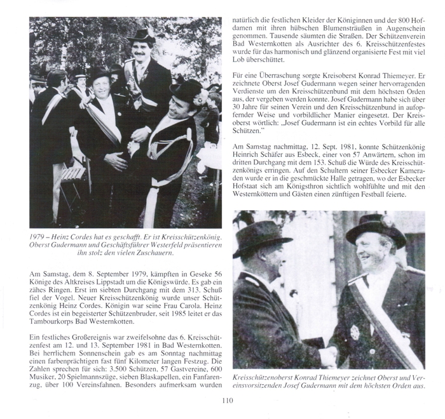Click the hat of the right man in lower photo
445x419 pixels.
click(x=376, y=228)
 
